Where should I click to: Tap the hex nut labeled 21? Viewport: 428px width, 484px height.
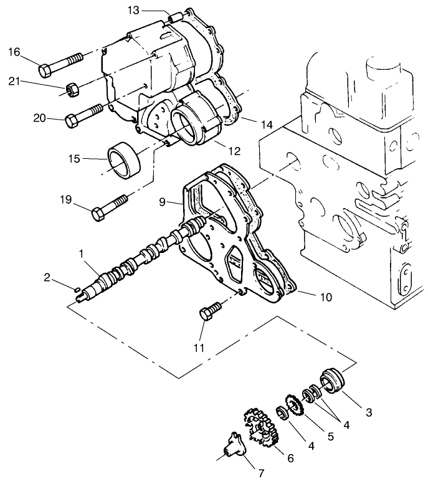pyautogui.click(x=72, y=90)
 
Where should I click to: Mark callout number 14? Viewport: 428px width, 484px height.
pyautogui.click(x=267, y=125)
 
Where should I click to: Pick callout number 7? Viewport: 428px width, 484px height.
pyautogui.click(x=261, y=473)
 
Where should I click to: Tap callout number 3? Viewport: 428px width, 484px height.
pyautogui.click(x=369, y=412)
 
